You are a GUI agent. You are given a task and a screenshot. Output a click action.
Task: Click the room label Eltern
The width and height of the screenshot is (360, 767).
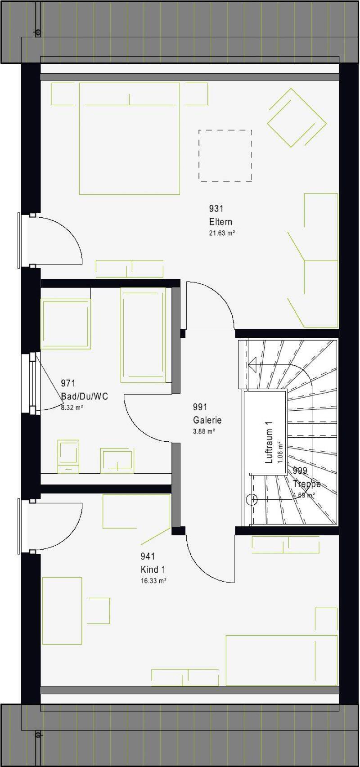click(220, 221)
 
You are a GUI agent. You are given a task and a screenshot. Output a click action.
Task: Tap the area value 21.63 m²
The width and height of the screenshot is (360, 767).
click(222, 233)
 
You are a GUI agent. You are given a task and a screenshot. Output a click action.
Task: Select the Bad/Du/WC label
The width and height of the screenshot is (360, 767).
click(84, 396)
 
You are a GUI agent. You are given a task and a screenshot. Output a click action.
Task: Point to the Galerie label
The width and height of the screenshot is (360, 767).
click(207, 420)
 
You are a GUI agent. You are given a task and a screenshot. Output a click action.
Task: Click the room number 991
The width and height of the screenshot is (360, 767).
click(200, 407)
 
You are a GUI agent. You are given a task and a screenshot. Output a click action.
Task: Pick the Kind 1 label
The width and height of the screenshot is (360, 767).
click(153, 570)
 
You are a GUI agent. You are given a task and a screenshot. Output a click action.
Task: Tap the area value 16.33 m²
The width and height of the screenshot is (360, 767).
click(153, 581)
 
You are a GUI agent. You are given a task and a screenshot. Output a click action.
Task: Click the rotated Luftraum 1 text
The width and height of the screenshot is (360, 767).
click(269, 442)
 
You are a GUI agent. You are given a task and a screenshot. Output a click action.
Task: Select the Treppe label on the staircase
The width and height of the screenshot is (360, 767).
click(307, 484)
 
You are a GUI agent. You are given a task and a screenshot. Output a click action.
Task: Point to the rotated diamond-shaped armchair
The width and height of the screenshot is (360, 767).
click(297, 118)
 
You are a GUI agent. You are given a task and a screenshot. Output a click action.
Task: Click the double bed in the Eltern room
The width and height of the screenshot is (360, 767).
click(130, 139)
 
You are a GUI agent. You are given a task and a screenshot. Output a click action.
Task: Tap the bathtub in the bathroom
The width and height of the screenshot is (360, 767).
click(143, 335)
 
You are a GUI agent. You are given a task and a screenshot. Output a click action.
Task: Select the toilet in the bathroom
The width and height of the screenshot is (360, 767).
click(68, 457)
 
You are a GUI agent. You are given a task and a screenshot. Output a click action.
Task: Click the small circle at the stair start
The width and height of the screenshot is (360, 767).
click(252, 500)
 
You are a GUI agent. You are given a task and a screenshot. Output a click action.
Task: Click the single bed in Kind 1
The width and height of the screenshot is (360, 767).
click(282, 660)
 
